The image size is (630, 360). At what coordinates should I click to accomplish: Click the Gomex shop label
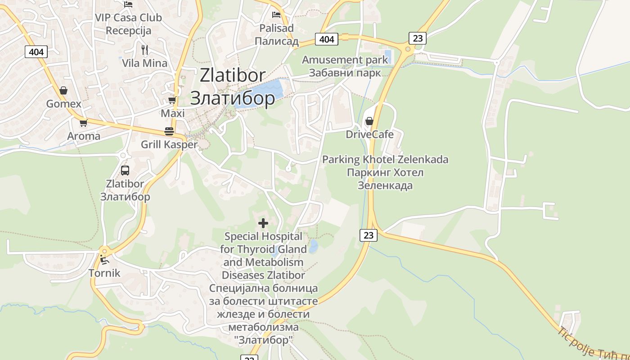64,104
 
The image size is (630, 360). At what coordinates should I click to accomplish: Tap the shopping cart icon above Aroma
83,123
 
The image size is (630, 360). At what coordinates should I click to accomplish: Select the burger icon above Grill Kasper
169,131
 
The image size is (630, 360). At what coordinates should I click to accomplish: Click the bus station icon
125,171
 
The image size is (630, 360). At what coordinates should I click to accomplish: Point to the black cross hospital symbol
263,223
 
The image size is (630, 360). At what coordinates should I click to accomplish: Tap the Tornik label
104,273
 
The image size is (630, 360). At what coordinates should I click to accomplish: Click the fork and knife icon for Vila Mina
144,49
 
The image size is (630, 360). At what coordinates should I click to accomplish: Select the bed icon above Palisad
276,15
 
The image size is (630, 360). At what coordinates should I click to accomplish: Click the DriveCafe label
369,135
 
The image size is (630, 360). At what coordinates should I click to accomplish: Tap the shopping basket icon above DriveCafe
369,121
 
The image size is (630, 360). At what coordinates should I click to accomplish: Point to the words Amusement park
345,60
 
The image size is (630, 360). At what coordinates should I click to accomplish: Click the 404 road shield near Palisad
327,40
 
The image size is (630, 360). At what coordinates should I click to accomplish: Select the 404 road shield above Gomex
36,52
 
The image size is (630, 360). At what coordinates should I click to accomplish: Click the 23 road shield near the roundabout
418,38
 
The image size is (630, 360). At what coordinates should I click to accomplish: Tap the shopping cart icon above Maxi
172,100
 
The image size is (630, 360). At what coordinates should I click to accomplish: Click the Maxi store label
173,113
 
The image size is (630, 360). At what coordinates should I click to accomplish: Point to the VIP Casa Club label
128,18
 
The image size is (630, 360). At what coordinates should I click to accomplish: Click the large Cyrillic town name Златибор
232,98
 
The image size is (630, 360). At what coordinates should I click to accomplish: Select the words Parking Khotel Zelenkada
385,160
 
